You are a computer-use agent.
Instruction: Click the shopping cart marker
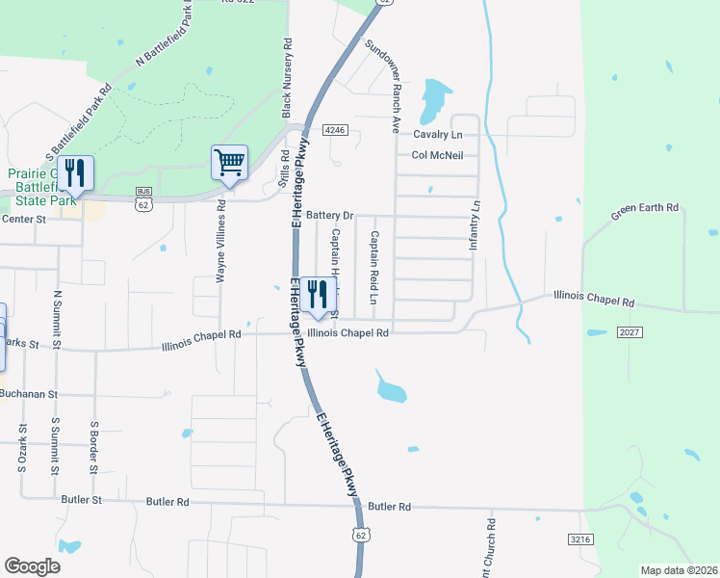click(x=229, y=163)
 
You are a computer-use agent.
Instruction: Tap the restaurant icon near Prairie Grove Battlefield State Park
click(x=75, y=173)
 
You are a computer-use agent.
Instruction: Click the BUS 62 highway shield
click(x=143, y=198)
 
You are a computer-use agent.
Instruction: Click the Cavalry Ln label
click(x=438, y=135)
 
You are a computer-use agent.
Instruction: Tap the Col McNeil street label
click(x=438, y=155)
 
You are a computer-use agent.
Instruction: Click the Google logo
click(x=33, y=566)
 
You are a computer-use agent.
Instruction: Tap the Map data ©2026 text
click(x=679, y=570)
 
